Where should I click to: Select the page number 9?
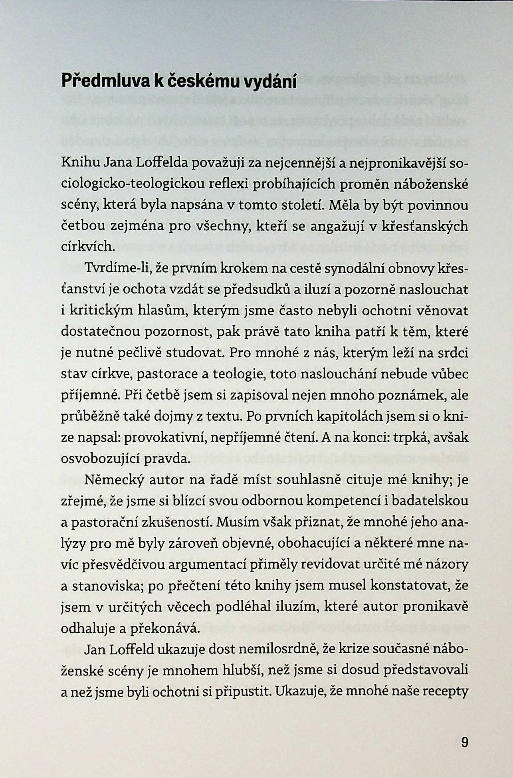pos(464,742)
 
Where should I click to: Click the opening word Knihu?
pos(80,163)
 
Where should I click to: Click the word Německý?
pos(114,480)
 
